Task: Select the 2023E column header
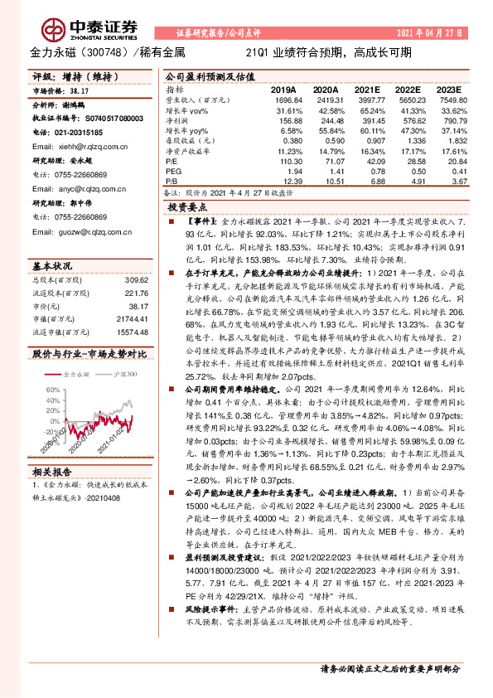click(x=447, y=89)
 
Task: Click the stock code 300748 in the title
click(x=102, y=52)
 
